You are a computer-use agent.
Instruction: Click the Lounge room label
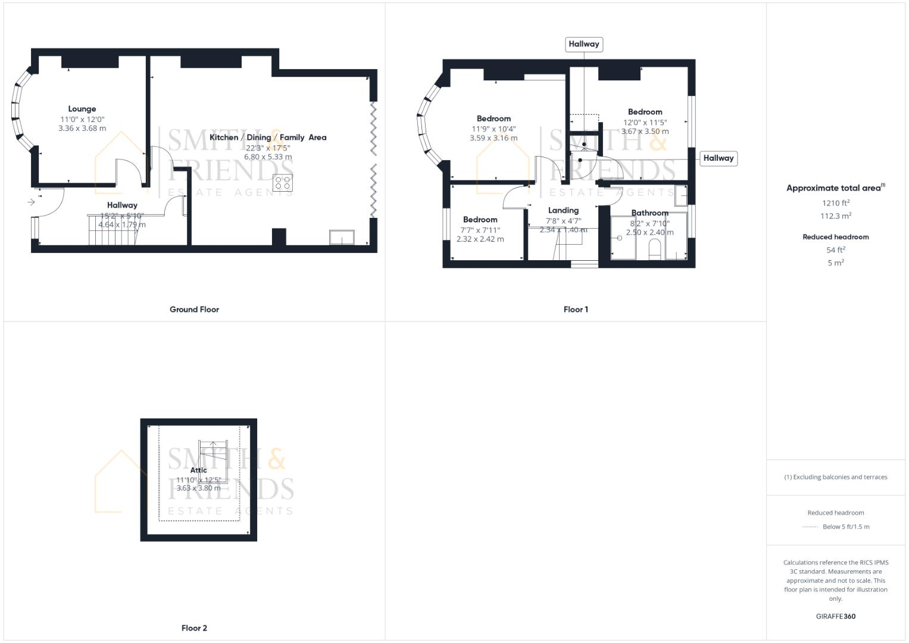tap(82, 109)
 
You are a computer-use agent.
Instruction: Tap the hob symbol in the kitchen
tap(282, 183)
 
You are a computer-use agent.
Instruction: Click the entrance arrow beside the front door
tap(31, 202)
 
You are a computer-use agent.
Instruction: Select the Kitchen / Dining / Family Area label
tap(268, 137)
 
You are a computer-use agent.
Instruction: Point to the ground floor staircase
tap(113, 230)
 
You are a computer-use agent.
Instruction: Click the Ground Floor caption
tap(194, 310)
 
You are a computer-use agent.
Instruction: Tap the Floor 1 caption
tap(576, 310)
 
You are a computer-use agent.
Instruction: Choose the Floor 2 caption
tap(194, 628)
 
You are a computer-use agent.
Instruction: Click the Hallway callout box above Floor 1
tap(583, 44)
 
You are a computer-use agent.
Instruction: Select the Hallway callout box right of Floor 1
tap(718, 158)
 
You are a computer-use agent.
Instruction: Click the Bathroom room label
tap(649, 213)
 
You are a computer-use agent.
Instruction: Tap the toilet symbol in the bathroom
tap(655, 250)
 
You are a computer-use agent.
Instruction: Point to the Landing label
tap(563, 210)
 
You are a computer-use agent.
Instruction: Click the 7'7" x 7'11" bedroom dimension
tap(480, 230)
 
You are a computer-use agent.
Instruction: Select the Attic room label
tap(198, 470)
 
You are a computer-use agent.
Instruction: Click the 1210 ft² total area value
tap(835, 203)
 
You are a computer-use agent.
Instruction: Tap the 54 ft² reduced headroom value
tap(835, 250)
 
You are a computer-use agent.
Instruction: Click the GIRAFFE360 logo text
tap(835, 616)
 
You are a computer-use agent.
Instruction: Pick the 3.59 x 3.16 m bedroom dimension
tap(493, 138)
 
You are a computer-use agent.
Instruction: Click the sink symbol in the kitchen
tap(342, 238)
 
